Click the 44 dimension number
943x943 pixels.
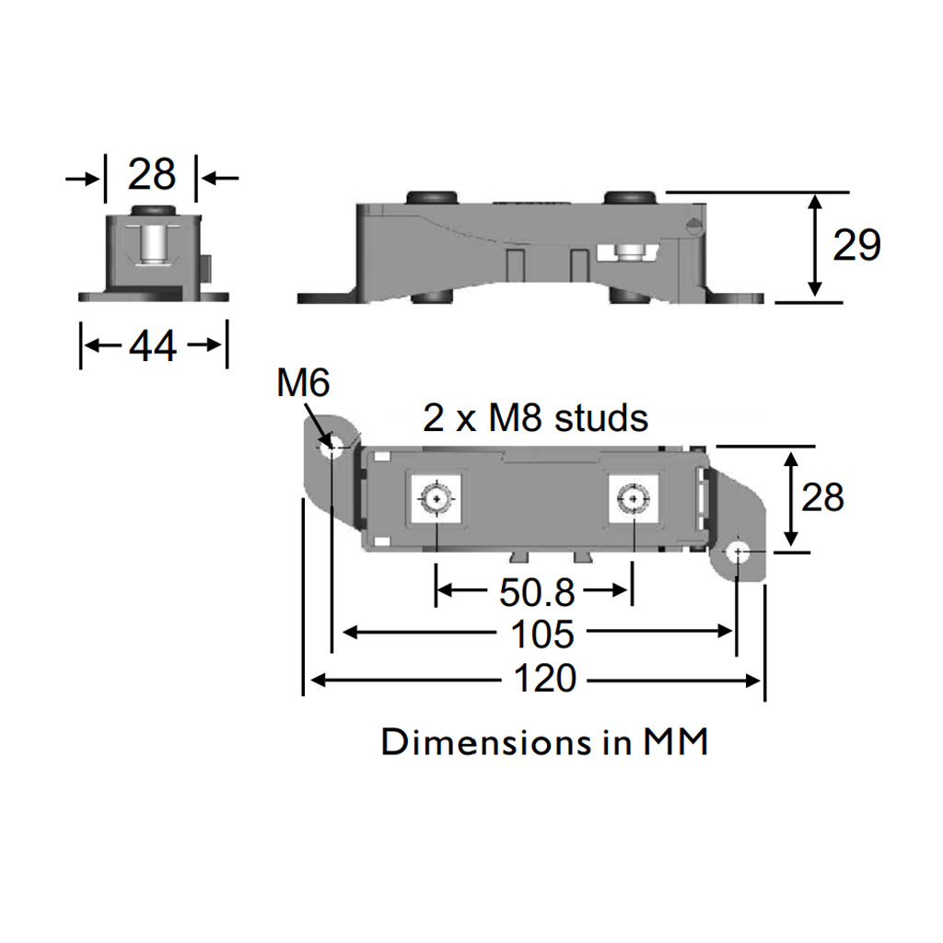click(153, 346)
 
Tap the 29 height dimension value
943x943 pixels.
click(856, 245)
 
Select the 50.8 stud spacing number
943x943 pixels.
click(537, 592)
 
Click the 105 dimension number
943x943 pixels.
click(541, 634)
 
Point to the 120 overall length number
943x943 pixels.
click(545, 679)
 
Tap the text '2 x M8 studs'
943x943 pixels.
click(535, 418)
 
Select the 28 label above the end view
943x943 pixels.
click(152, 174)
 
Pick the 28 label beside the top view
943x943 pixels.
click(822, 497)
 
